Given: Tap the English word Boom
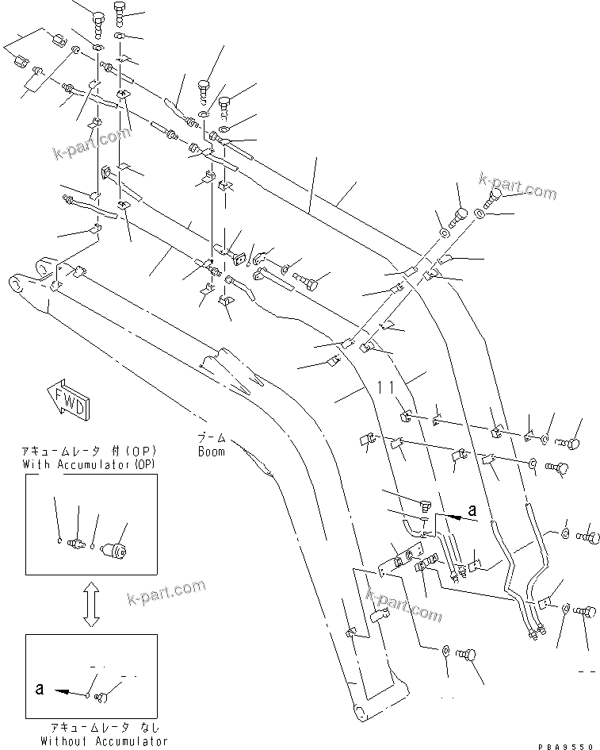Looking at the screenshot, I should point(211,452).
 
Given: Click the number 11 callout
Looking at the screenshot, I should point(385,387).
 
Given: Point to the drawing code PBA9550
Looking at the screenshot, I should point(565,744).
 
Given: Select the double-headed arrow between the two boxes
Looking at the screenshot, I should point(90,603).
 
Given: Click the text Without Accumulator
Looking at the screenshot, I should point(105,740).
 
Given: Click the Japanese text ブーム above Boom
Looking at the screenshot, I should point(212,439).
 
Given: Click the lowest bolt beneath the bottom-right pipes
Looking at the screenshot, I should point(472,656).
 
